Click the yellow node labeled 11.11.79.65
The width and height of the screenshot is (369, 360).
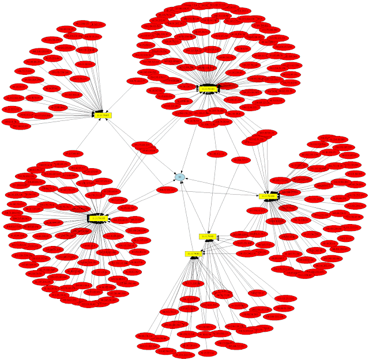click(x=103, y=115)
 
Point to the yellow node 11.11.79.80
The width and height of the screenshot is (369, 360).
click(x=193, y=253)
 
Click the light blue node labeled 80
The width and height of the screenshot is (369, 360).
click(x=180, y=177)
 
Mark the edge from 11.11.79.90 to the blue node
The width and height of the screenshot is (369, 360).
click(x=194, y=207)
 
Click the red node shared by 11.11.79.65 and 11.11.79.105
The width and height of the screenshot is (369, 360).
click(x=73, y=154)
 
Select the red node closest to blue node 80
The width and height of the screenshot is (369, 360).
click(x=167, y=190)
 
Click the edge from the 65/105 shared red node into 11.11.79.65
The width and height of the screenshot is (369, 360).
click(x=87, y=135)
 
